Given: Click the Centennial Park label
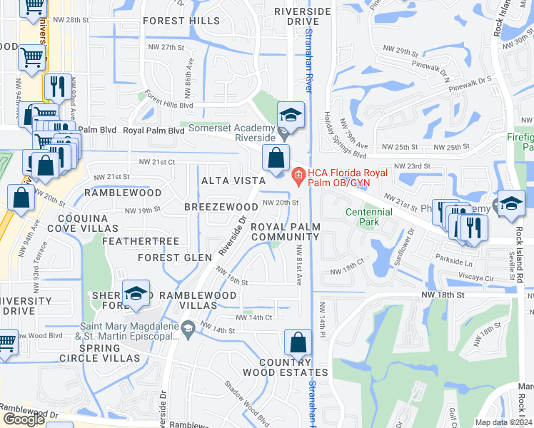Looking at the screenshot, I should tap(368, 218).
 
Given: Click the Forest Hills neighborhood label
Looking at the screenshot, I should tap(181, 21).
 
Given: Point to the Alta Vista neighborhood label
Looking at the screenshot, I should tap(233, 180).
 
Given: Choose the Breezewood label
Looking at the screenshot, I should tap(221, 206).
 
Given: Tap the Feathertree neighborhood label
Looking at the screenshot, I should tap(140, 241).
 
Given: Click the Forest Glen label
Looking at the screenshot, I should tap(175, 258).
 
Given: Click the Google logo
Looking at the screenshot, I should tap(24, 419).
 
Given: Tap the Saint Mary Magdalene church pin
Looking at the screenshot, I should tap(188, 329).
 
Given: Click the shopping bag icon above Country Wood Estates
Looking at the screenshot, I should tap(298, 342).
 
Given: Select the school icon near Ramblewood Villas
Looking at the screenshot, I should tap(135, 294).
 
